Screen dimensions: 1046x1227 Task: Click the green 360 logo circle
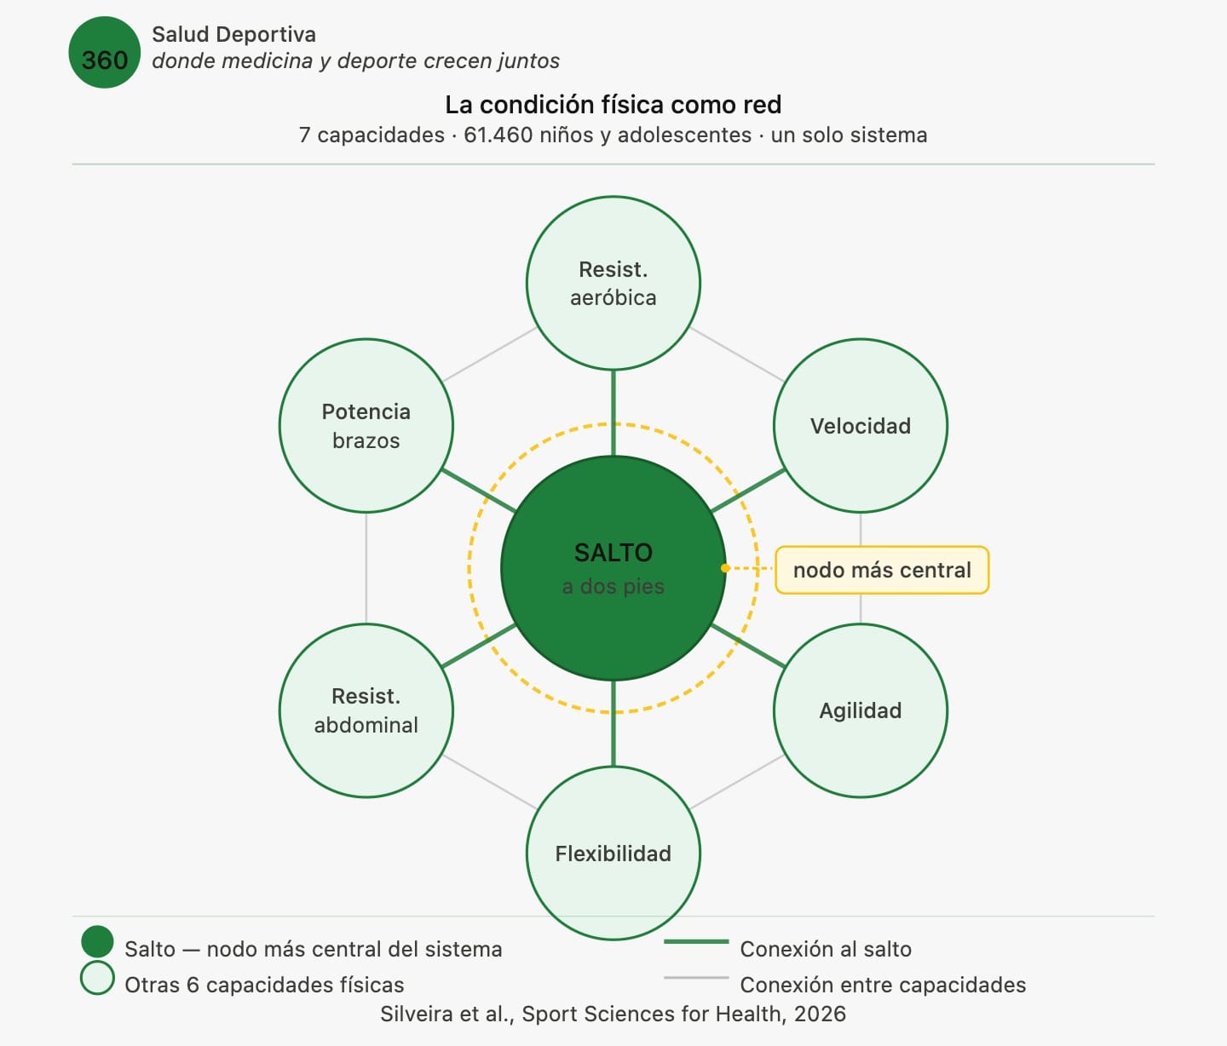coord(104,53)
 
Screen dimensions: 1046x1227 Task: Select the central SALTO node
coord(613,568)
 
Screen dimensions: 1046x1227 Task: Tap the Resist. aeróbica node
coord(613,284)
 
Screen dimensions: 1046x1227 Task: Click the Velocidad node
coord(861,426)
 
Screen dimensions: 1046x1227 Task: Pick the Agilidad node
coord(861,710)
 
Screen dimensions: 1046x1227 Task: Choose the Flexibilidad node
coord(613,853)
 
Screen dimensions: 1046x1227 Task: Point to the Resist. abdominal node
coord(366,710)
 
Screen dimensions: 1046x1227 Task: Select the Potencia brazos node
coord(366,426)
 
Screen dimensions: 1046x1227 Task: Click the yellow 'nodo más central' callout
coord(882,570)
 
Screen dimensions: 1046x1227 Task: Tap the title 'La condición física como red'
coord(613,105)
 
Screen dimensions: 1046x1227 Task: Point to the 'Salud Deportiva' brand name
coord(233,35)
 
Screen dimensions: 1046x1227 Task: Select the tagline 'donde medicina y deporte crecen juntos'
coord(355,61)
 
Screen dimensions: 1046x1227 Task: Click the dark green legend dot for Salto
coord(97,942)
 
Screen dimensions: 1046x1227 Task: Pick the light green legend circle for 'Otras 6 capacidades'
coord(97,978)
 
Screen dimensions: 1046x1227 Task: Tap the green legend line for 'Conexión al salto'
coord(696,941)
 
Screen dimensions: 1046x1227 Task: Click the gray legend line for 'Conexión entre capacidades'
coord(696,978)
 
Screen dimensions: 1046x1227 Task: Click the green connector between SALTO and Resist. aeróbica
coord(613,413)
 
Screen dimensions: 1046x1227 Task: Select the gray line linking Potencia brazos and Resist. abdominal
coord(366,568)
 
